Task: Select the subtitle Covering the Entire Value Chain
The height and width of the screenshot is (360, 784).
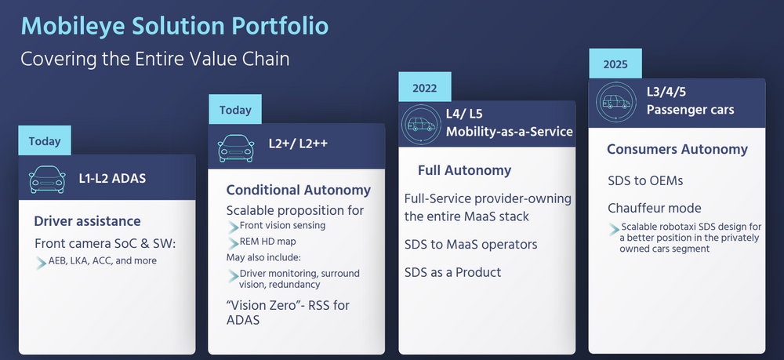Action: click(154, 59)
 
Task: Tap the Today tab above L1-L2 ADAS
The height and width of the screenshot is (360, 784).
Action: click(45, 141)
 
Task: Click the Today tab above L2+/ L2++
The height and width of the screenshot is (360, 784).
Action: click(234, 110)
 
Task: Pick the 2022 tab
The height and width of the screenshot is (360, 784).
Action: click(424, 88)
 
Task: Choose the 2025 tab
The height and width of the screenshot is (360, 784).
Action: click(615, 64)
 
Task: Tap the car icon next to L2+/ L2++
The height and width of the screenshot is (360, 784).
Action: click(236, 147)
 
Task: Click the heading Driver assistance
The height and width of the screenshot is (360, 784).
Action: click(87, 221)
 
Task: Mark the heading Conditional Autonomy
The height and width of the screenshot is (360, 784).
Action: click(298, 190)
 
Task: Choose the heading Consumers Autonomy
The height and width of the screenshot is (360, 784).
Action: click(677, 149)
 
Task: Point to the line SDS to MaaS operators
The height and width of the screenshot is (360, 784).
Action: click(470, 244)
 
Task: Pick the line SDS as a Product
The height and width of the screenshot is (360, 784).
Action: click(452, 272)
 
